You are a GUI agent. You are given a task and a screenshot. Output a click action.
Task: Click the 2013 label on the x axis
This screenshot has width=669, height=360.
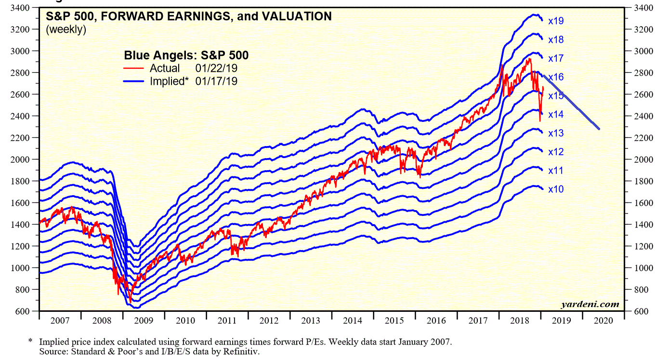tap(311, 320)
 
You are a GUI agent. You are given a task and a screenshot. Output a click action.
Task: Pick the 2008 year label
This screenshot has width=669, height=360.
tap(102, 320)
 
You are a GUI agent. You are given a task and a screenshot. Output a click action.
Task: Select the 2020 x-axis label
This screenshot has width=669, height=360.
tap(603, 320)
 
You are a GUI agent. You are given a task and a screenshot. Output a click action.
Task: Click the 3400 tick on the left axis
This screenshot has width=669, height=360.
tap(21, 8)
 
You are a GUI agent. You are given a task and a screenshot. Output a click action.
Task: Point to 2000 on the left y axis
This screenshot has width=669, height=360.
tap(21, 160)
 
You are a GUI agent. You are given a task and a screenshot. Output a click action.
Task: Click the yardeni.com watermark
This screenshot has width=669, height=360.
tap(590, 305)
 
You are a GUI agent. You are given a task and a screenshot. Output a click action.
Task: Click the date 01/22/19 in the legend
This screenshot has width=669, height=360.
tap(216, 68)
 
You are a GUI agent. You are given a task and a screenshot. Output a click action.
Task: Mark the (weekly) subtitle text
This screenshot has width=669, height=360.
tap(66, 29)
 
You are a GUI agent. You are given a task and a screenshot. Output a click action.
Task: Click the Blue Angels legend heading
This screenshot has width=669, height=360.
tap(186, 55)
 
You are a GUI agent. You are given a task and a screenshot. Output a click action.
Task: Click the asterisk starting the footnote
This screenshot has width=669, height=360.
tap(30, 341)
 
